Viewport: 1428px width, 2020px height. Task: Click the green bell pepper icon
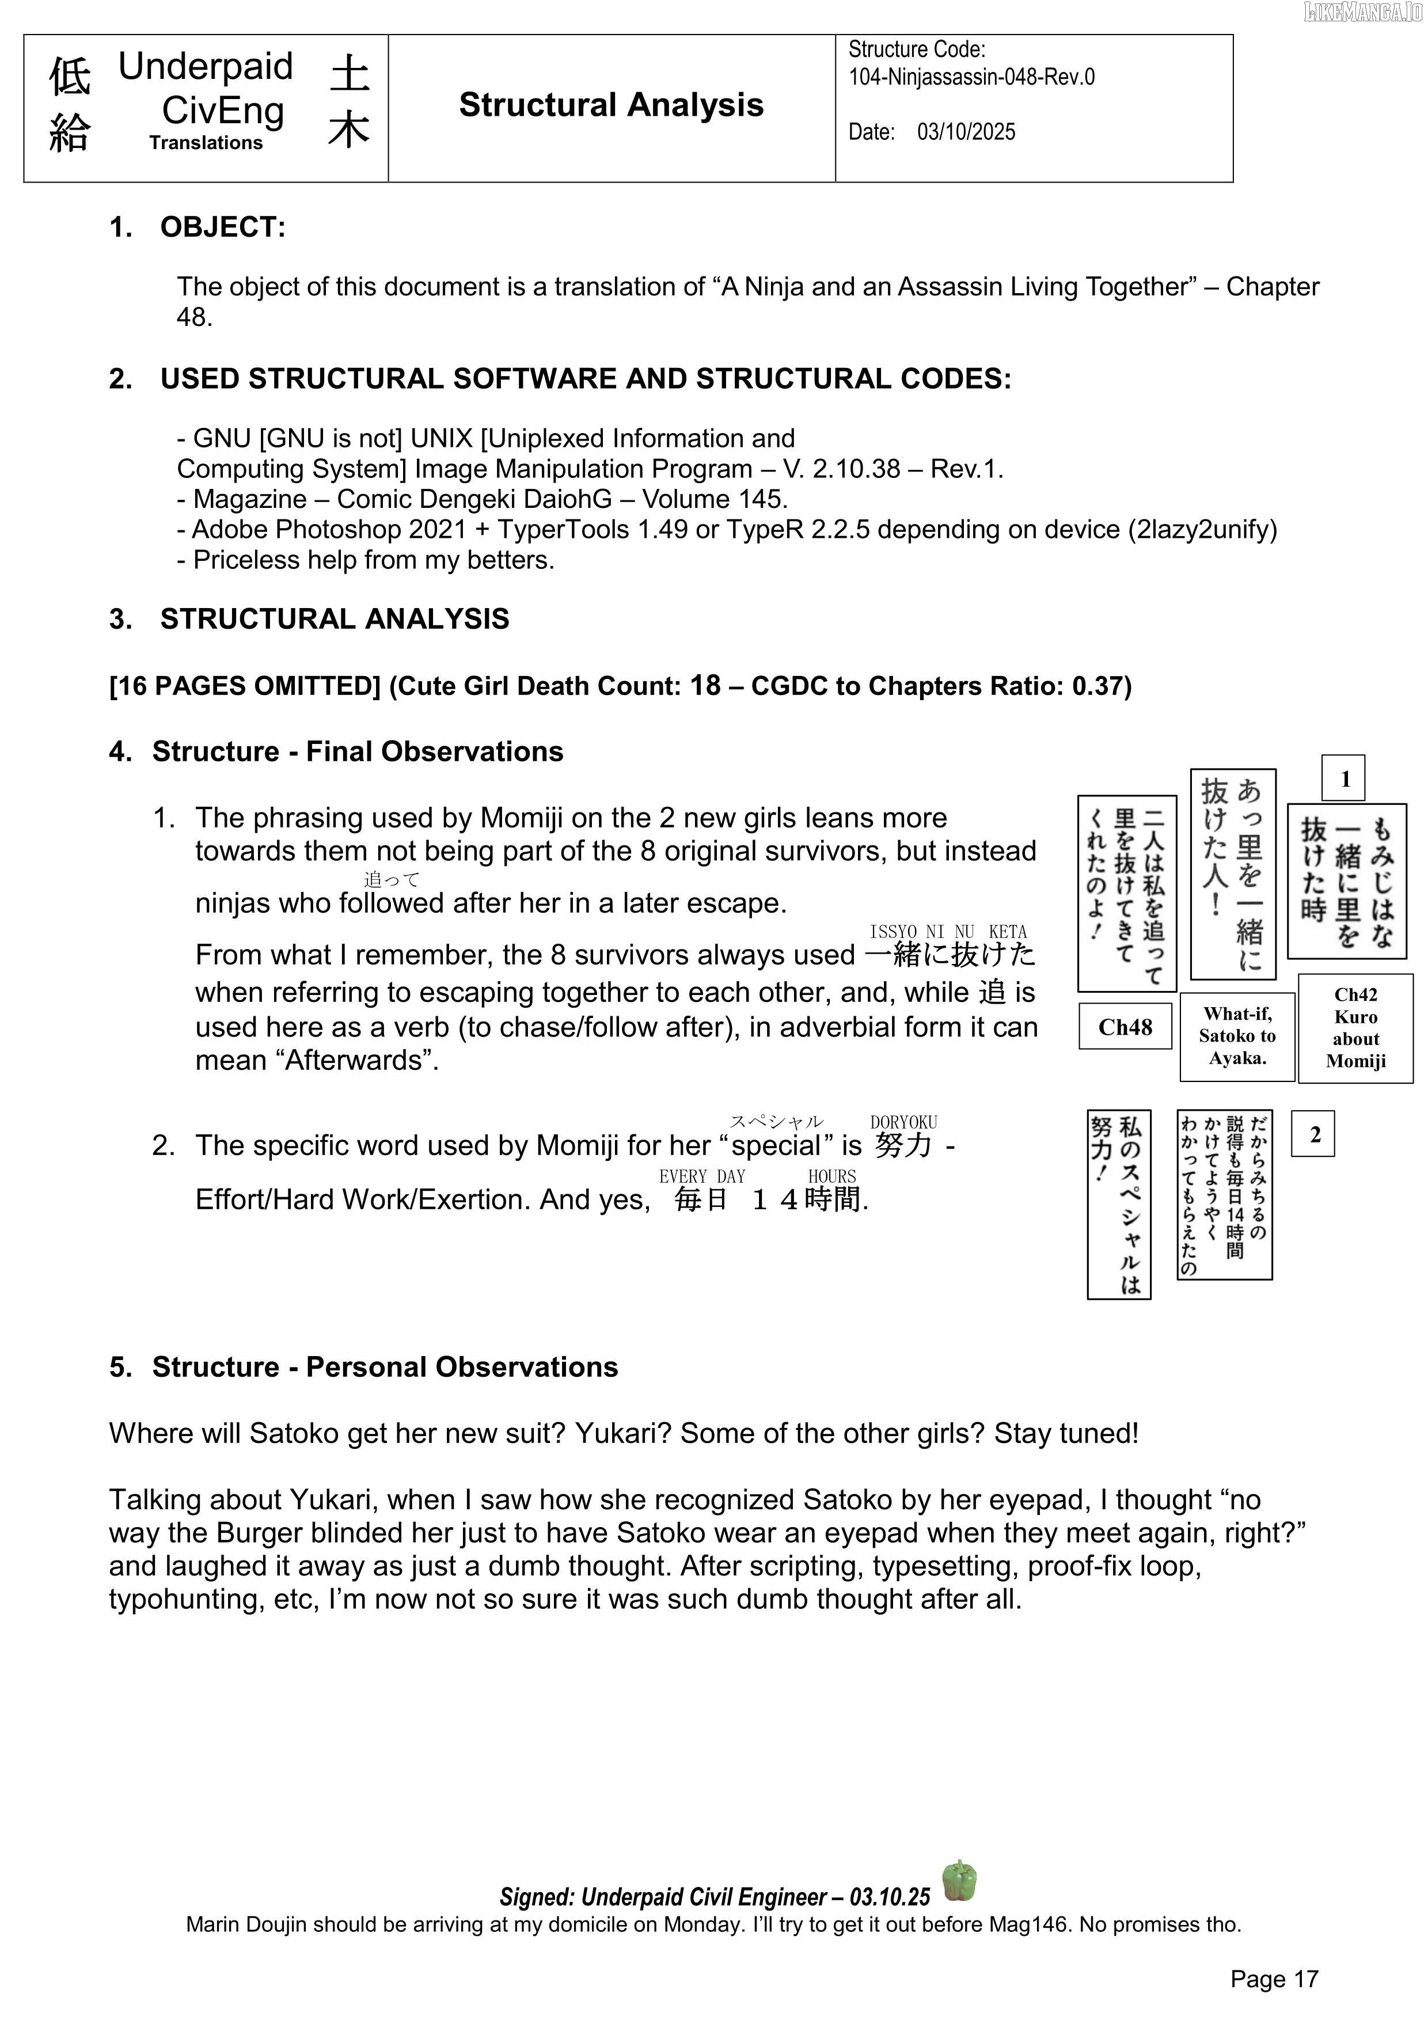(x=959, y=1880)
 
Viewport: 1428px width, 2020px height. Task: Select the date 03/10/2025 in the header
(x=966, y=132)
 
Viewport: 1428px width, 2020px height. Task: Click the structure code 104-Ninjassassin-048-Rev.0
(x=971, y=77)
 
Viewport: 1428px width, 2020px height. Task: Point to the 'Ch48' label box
(x=1125, y=1026)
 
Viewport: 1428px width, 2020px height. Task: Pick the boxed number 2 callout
(x=1313, y=1134)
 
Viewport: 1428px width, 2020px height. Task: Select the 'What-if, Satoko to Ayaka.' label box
(x=1236, y=1036)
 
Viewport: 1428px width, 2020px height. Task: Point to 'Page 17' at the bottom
(x=1274, y=1979)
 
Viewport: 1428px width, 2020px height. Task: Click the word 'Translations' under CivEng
(x=206, y=143)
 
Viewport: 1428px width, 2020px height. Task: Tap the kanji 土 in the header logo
(x=350, y=72)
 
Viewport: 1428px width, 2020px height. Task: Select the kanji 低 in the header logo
(x=70, y=77)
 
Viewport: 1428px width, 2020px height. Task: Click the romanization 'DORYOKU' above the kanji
(x=903, y=1123)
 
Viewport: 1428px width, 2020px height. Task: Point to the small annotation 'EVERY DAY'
(x=701, y=1176)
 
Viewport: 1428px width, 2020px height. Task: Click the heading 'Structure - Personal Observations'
(x=385, y=1366)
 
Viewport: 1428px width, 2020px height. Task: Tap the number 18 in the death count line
(x=705, y=685)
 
